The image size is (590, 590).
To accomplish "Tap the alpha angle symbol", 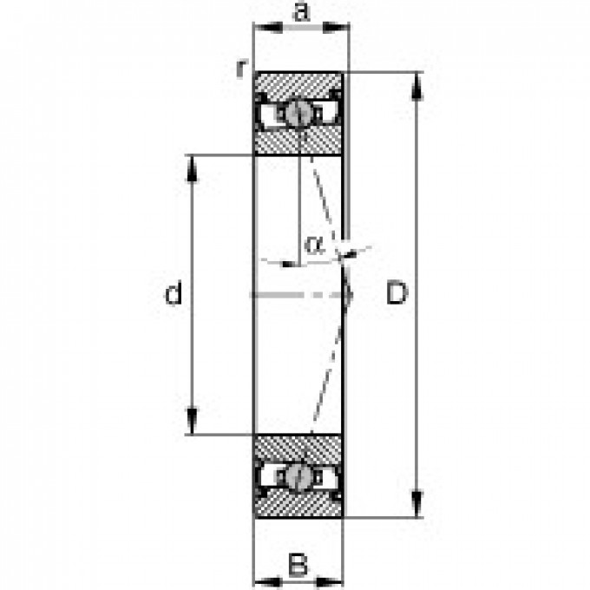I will tap(313, 245).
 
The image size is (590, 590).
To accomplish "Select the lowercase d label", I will tap(174, 295).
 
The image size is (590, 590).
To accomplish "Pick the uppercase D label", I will tap(396, 295).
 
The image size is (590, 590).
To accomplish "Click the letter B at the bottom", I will tap(298, 566).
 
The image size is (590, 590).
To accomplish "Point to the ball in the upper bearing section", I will tap(299, 112).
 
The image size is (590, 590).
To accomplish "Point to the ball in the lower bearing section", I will tap(299, 476).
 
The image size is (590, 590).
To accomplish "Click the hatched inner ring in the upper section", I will tap(295, 142).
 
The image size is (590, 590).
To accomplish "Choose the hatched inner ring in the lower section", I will tap(295, 446).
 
